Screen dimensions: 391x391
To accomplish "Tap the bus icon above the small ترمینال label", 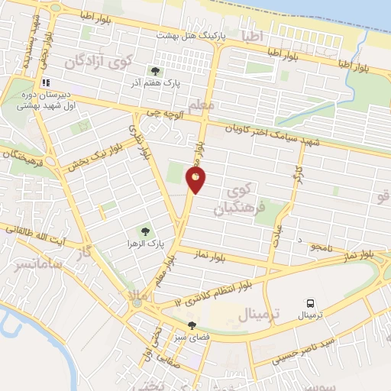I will click(311, 303).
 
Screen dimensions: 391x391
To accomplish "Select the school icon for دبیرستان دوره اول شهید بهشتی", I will click(47, 82).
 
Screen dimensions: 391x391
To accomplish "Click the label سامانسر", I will click(35, 264).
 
